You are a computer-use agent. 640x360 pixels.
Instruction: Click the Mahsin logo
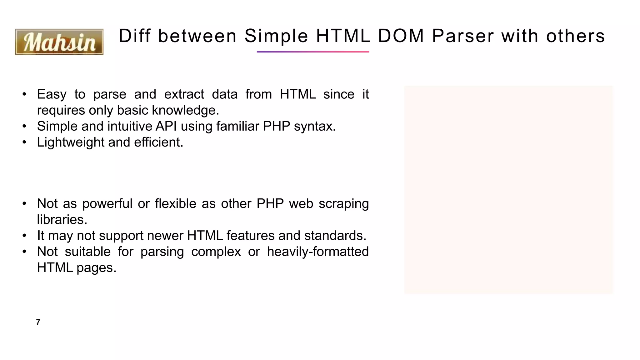59,42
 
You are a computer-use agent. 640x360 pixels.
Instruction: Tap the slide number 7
38,322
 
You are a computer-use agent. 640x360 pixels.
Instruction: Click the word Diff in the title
135,36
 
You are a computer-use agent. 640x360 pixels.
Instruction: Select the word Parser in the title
463,36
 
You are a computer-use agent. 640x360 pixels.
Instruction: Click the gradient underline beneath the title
313,52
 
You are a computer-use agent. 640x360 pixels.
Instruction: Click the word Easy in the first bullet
52,94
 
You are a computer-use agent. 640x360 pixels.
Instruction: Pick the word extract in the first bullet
184,94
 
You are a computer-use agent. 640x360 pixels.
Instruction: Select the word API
166,126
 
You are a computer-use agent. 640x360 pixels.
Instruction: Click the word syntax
315,126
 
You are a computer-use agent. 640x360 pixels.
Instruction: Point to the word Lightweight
71,142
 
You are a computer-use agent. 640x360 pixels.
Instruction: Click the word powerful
107,204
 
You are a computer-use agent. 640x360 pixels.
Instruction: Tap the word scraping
344,204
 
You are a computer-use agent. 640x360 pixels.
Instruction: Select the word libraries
62,220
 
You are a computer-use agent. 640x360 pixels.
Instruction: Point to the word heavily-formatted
318,252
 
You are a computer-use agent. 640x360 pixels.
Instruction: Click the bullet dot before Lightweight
24,142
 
